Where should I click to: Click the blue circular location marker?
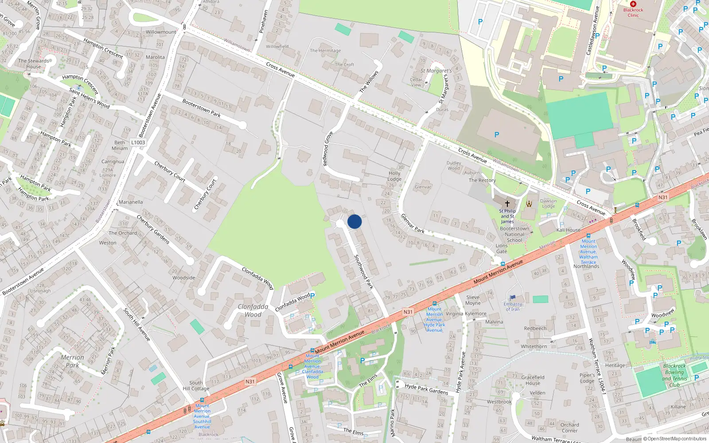click(354, 221)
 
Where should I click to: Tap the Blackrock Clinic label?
click(633, 12)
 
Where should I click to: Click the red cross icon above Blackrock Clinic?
click(633, 4)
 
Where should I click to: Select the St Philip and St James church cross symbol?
click(507, 204)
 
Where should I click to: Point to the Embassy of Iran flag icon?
click(513, 298)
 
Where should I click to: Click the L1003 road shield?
click(138, 142)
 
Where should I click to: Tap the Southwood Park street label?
click(364, 272)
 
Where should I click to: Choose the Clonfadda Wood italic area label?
click(253, 311)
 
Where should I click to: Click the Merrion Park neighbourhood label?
click(72, 361)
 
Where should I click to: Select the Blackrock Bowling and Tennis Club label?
click(674, 375)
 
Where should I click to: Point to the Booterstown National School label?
click(514, 234)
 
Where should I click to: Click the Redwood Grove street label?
click(328, 149)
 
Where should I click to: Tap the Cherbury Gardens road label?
click(153, 229)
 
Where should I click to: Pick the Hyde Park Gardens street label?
click(426, 389)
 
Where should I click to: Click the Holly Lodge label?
click(394, 176)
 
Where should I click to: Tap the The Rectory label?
click(482, 180)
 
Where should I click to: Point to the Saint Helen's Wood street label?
click(89, 98)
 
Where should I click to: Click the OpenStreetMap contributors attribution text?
click(677, 439)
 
